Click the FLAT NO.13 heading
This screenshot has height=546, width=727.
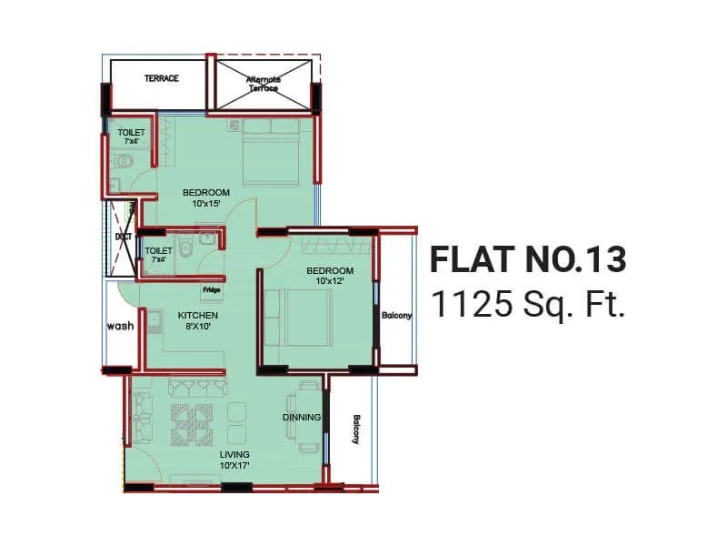[527, 259]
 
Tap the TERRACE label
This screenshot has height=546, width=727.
[161, 78]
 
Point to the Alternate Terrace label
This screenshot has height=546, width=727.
[264, 84]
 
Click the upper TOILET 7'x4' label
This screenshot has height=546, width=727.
[131, 137]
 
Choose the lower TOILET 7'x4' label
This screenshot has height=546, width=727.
[158, 255]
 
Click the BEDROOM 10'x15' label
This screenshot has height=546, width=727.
[206, 197]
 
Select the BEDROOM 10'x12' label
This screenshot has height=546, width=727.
[329, 276]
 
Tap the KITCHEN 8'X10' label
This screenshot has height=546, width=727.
[197, 320]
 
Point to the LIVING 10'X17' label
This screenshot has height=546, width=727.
[234, 460]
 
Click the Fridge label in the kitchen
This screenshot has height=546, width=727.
[212, 290]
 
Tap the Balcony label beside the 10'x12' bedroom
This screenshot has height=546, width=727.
[396, 316]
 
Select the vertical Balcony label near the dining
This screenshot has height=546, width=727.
[356, 430]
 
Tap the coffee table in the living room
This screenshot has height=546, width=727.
[193, 420]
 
